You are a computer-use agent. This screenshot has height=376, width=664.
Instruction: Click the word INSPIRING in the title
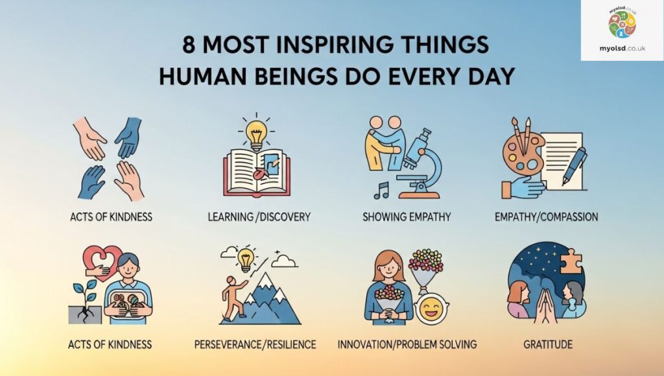[335, 45]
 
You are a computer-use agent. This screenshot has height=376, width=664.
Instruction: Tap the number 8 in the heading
[189, 45]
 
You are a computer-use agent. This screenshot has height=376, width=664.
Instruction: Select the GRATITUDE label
[548, 344]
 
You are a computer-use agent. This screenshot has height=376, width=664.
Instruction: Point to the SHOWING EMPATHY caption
[407, 217]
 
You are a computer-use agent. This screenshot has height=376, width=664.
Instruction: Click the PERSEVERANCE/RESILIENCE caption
[255, 344]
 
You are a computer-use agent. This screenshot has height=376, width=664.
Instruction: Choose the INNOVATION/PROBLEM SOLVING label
[407, 344]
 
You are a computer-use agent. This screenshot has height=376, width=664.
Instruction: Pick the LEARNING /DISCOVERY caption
[259, 217]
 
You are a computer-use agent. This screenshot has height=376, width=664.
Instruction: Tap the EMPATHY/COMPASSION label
[546, 217]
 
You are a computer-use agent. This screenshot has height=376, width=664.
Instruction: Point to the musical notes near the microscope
[381, 191]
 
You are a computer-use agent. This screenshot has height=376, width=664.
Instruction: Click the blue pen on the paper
[575, 165]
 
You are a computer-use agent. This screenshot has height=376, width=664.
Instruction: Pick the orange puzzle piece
[571, 261]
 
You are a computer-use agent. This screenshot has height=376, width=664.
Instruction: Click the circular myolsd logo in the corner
[622, 25]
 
